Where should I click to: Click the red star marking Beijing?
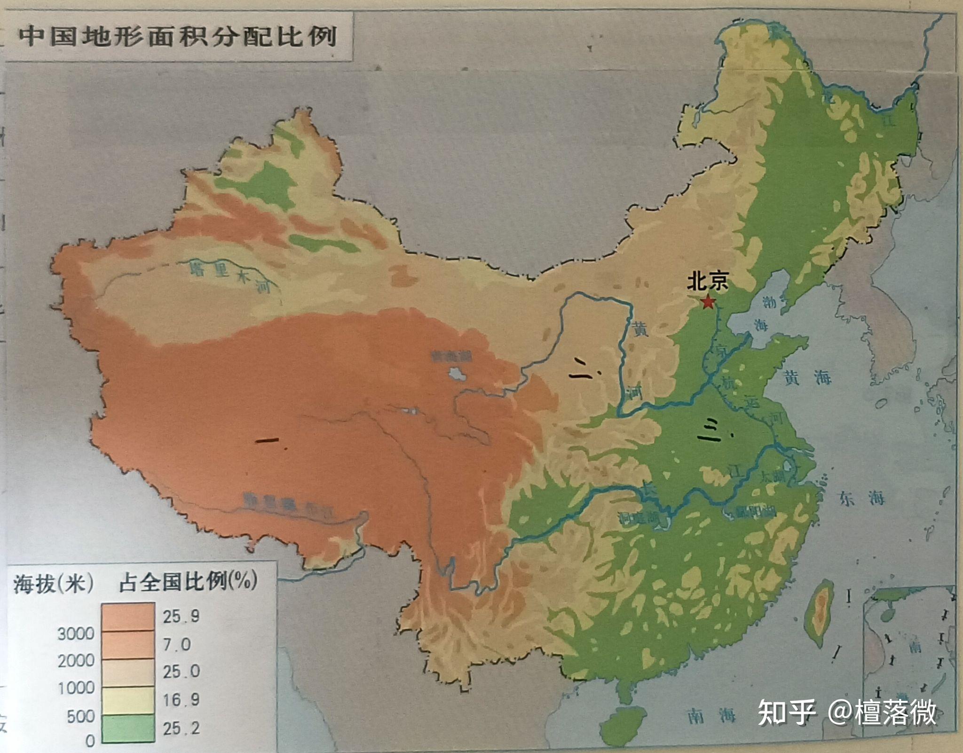707,302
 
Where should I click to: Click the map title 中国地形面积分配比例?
178,36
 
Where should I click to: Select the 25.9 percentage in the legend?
181,616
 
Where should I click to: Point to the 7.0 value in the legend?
177,644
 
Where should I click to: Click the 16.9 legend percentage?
181,700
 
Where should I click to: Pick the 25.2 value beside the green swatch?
181,729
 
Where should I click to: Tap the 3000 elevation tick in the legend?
76,634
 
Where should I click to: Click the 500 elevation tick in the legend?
80,716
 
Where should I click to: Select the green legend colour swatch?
128,728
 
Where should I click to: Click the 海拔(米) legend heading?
53,584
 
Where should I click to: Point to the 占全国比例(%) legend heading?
188,583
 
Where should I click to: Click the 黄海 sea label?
807,377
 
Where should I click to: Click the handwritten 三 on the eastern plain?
710,431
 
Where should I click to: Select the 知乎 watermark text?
786,713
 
